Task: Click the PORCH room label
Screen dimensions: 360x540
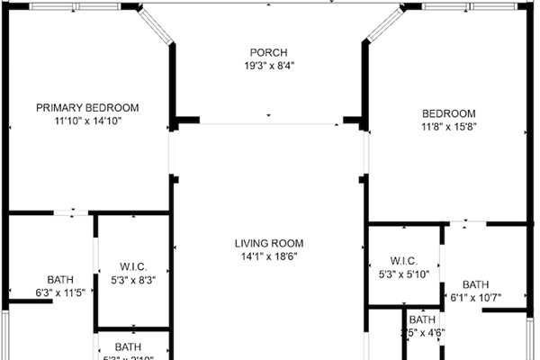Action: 268,52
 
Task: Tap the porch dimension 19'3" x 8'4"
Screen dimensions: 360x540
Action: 268,66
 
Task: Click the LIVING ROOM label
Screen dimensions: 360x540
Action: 269,243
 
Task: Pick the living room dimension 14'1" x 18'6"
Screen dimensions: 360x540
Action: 269,256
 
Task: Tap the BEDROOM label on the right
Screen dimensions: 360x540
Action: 448,113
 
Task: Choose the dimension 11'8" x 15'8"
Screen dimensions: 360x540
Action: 448,127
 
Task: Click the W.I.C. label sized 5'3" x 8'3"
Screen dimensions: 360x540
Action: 133,266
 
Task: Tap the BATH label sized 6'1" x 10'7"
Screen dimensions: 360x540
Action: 476,284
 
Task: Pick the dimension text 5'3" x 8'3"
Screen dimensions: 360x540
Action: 133,280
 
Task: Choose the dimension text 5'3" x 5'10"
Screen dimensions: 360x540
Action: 403,274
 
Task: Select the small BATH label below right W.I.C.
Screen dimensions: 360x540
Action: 421,319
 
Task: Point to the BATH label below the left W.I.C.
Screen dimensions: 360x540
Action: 128,346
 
